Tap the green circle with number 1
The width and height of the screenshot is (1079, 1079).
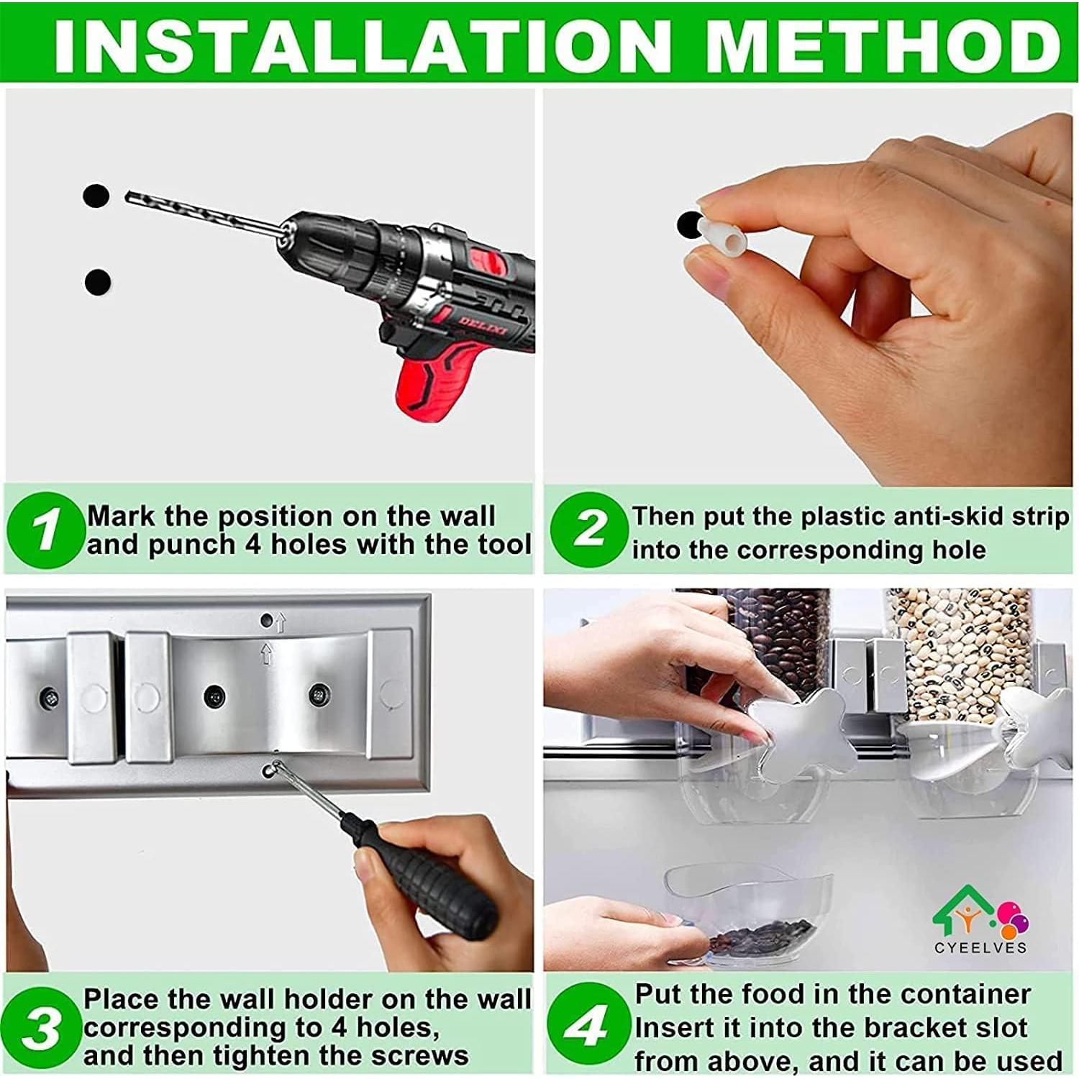[x=45, y=529]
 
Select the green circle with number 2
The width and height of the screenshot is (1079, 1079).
[x=589, y=529]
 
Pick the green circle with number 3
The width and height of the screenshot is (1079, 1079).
[x=42, y=1027]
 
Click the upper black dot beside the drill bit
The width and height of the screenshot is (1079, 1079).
[x=96, y=196]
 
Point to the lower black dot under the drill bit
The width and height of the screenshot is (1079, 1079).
[x=98, y=281]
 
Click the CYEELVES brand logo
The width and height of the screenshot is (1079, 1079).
[x=980, y=921]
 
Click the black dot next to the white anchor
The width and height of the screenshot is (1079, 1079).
[x=690, y=225]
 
